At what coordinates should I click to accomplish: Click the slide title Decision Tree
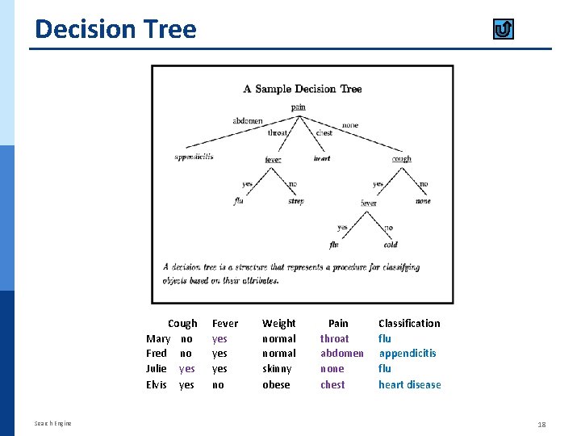coord(115,29)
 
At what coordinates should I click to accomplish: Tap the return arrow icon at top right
coord(503,30)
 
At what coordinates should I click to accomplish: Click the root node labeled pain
coord(299,107)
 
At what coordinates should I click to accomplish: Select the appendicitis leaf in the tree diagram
coord(194,157)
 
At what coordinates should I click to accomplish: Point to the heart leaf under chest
coord(322,158)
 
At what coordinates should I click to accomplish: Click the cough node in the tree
coord(401,159)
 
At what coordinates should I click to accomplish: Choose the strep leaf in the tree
coord(296,201)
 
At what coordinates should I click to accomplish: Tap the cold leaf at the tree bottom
coord(391,245)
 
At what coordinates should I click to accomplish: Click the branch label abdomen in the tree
coord(248,121)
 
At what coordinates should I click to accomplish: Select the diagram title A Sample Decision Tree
coord(303,89)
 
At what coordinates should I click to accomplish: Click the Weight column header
coord(279,323)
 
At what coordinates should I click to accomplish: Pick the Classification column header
coord(409,323)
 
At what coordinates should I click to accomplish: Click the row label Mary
coord(158,339)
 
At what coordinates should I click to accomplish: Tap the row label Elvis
coord(157,385)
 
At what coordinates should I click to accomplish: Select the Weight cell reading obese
coord(276,385)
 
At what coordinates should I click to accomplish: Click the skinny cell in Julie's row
coord(278,369)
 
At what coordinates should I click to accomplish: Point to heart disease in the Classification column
coord(410,385)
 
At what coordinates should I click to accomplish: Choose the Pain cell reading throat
coord(335,339)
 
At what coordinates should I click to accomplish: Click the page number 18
coord(541,424)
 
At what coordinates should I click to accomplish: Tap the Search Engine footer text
coord(53,424)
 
